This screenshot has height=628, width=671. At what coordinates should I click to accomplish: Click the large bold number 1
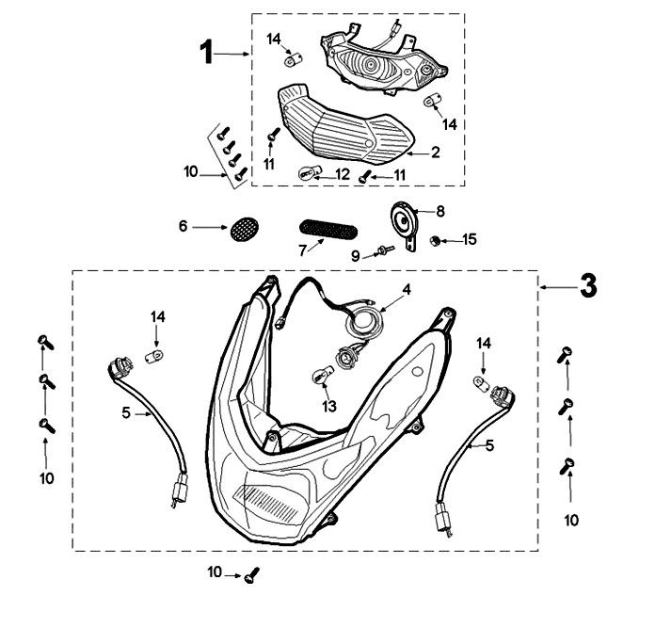[x=207, y=52]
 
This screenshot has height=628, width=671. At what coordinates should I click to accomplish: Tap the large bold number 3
[x=588, y=286]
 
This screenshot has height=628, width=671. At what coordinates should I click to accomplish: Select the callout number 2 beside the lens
[x=435, y=152]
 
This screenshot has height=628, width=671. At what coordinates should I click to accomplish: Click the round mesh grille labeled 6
[x=245, y=229]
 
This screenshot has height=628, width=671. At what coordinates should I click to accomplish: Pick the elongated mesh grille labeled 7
[x=328, y=230]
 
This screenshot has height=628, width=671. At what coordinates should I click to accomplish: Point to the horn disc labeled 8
[x=403, y=220]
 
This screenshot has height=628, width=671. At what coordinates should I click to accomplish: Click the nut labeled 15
[x=435, y=241]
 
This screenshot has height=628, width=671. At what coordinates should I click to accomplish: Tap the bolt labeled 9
[x=385, y=250]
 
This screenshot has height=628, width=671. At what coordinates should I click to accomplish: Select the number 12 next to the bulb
[x=343, y=174]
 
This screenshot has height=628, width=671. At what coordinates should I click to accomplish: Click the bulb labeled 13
[x=321, y=378]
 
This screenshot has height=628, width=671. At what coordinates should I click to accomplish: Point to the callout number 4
[x=407, y=289]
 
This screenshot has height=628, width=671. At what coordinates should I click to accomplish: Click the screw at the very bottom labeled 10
[x=251, y=575]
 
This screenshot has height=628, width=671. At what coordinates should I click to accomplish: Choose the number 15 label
[x=470, y=239]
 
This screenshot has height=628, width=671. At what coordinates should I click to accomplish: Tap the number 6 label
[x=184, y=226]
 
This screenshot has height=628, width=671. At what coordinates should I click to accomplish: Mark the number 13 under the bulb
[x=329, y=406]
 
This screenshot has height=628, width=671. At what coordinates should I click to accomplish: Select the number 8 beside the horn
[x=440, y=211]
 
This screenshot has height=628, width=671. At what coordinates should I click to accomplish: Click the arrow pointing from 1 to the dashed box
[x=232, y=54]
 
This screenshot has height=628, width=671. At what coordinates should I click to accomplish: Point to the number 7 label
[x=303, y=250]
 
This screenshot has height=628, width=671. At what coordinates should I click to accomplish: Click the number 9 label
[x=356, y=256]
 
